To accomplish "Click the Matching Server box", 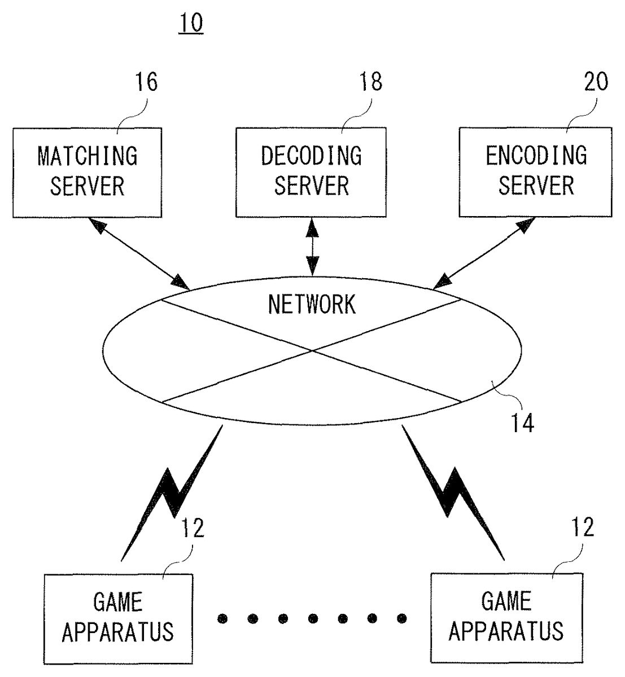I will pyautogui.click(x=87, y=173).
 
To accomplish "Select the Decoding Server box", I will pyautogui.click(x=311, y=173).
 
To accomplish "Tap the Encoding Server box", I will pyautogui.click(x=535, y=173).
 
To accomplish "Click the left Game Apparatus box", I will pyautogui.click(x=118, y=618).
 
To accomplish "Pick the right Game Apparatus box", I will pyautogui.click(x=506, y=617).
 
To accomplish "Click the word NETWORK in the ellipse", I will pyautogui.click(x=312, y=305).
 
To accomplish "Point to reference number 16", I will pyautogui.click(x=146, y=82).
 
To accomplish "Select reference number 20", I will pyautogui.click(x=596, y=82).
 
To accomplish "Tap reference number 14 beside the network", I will pyautogui.click(x=522, y=423).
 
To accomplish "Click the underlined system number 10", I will pyautogui.click(x=191, y=24).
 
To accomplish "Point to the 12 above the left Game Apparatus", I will pyautogui.click(x=192, y=529).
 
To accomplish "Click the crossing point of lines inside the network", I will pyautogui.click(x=312, y=351).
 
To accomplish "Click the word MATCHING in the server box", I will pyautogui.click(x=88, y=156).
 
